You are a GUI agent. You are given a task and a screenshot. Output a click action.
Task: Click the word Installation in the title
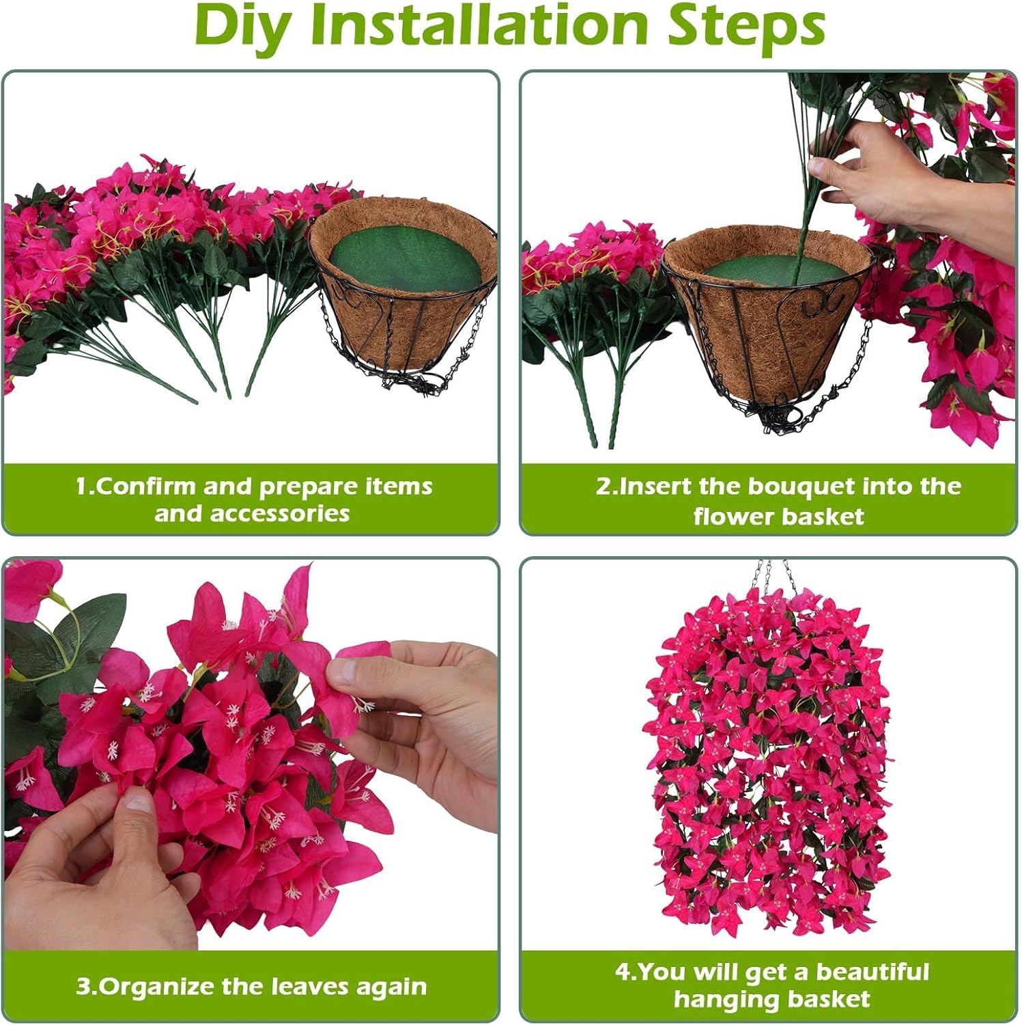pyautogui.click(x=481, y=26)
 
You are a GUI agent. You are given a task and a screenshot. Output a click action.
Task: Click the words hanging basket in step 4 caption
pyautogui.click(x=771, y=999)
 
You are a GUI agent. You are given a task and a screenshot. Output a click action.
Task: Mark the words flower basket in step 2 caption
pyautogui.click(x=778, y=516)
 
